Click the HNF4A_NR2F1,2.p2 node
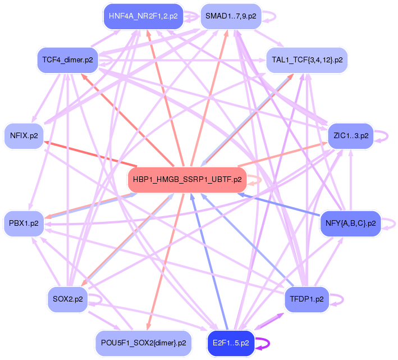(143, 16)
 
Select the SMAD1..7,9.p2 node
(231, 16)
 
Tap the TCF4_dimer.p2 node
(67, 60)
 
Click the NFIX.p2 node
(24, 136)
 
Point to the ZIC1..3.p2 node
(350, 136)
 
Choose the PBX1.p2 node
(24, 223)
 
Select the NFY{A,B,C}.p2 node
(350, 224)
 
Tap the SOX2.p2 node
(67, 299)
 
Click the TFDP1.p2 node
(306, 299)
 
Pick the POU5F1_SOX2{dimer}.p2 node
(143, 342)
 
